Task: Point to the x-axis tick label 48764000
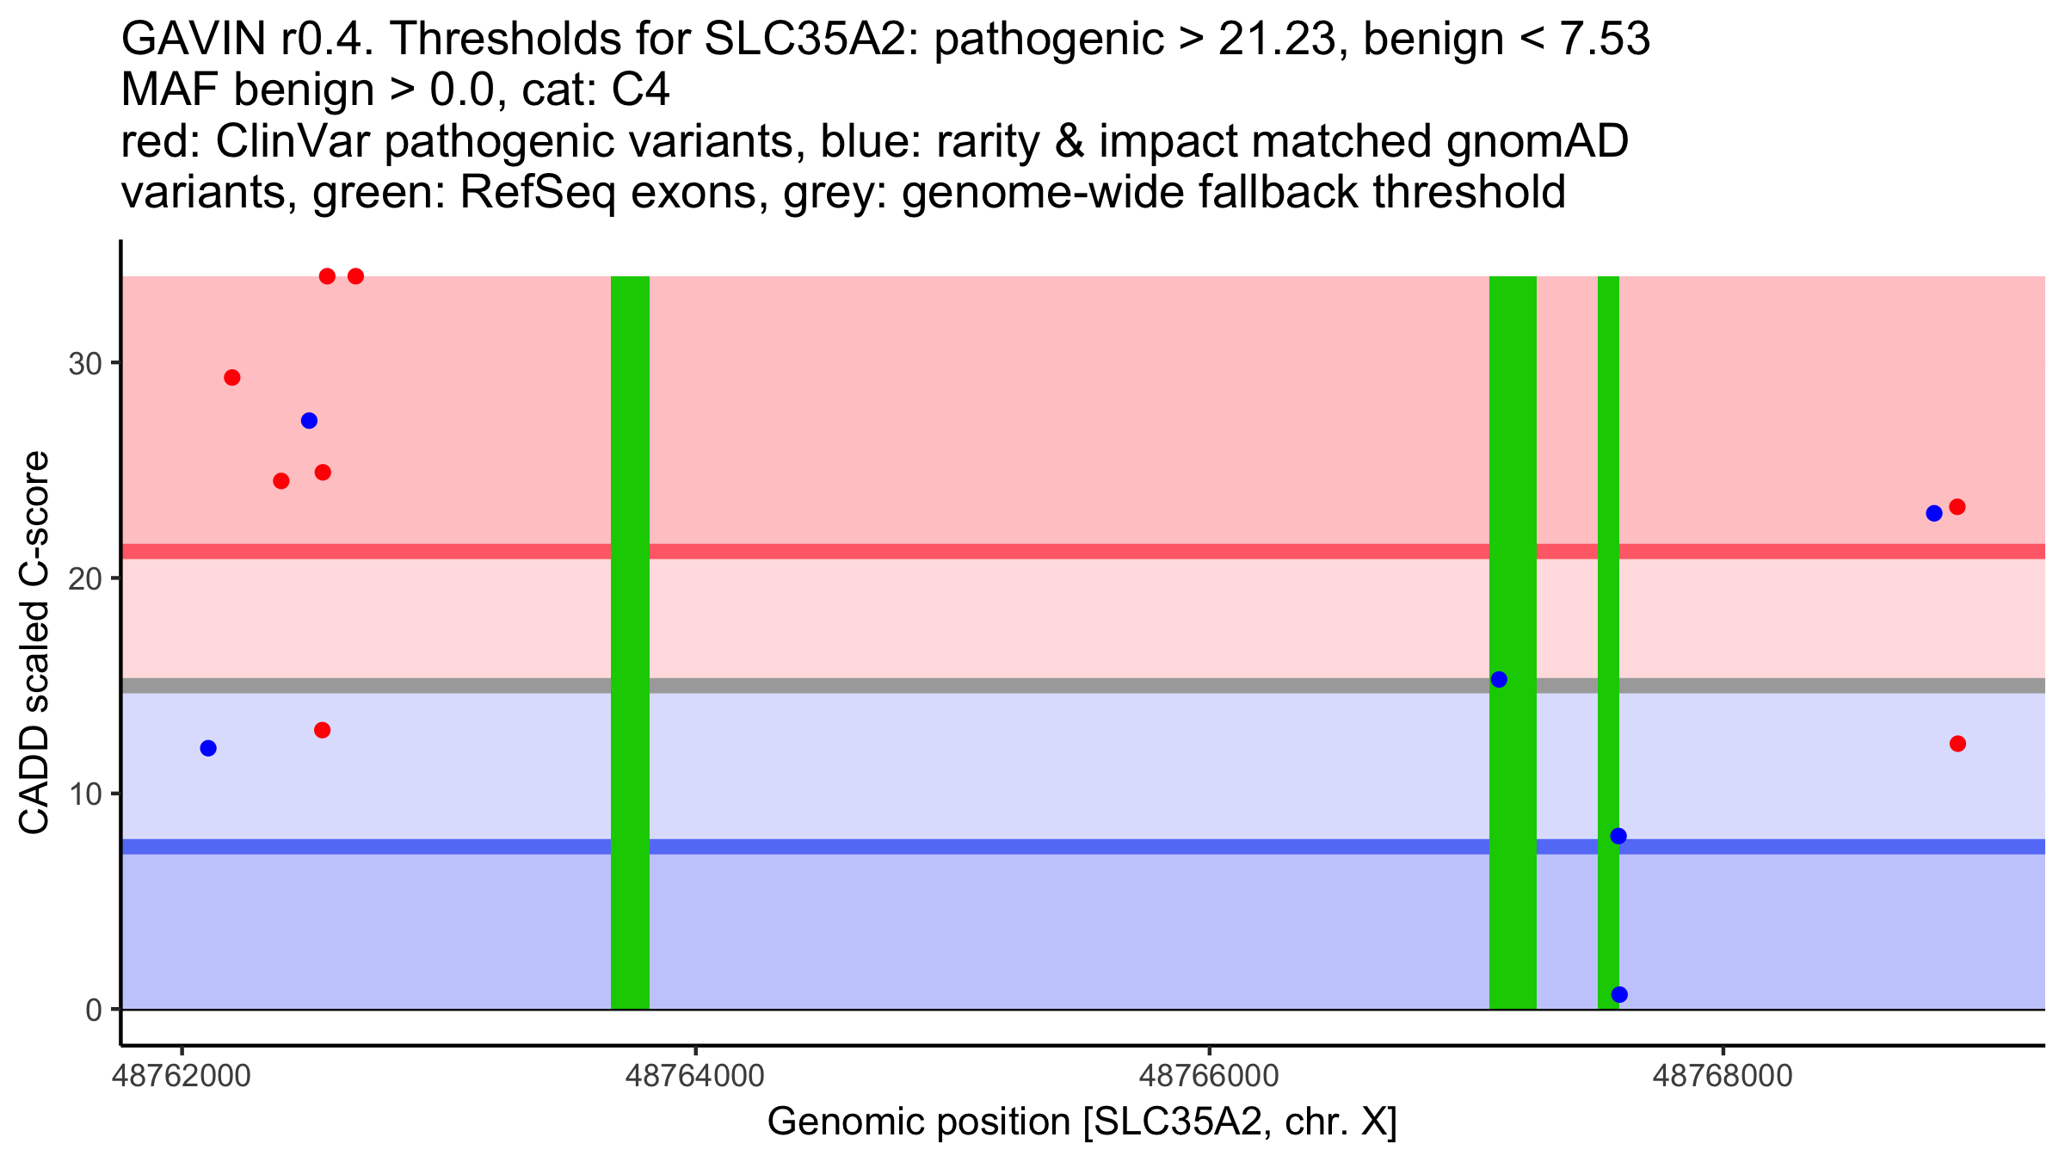coord(694,1076)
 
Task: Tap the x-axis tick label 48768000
coord(1723,1076)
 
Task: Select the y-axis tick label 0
coord(93,1010)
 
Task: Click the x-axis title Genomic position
coord(1082,1122)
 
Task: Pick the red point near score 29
coord(232,378)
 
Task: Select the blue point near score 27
coord(309,421)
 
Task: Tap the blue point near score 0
coord(1619,995)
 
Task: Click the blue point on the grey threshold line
coord(1499,679)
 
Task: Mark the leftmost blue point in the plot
coord(208,748)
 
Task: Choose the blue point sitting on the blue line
coord(1618,837)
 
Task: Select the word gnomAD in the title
coord(1538,141)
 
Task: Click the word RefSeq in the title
coord(538,193)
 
